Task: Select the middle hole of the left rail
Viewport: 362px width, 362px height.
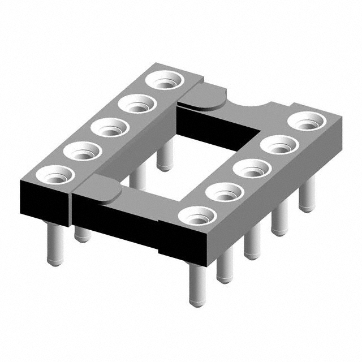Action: [109, 127]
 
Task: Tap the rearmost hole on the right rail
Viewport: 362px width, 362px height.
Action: [307, 122]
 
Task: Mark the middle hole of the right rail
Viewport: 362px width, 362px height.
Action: [252, 169]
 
